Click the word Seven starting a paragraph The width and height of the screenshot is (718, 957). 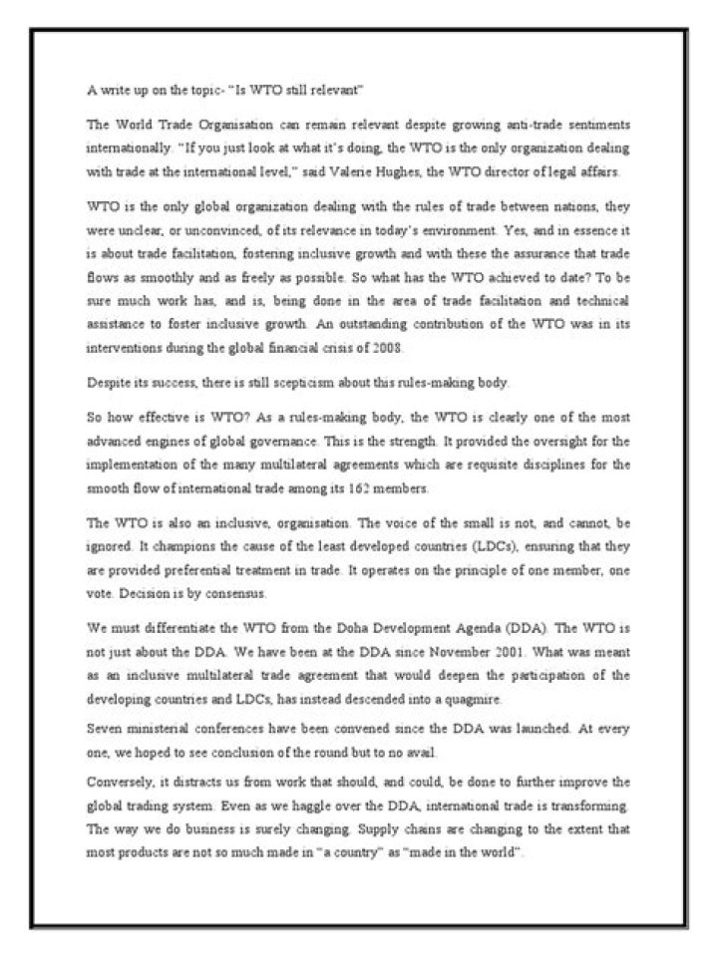[x=106, y=727]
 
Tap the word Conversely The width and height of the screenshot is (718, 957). [x=120, y=781]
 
